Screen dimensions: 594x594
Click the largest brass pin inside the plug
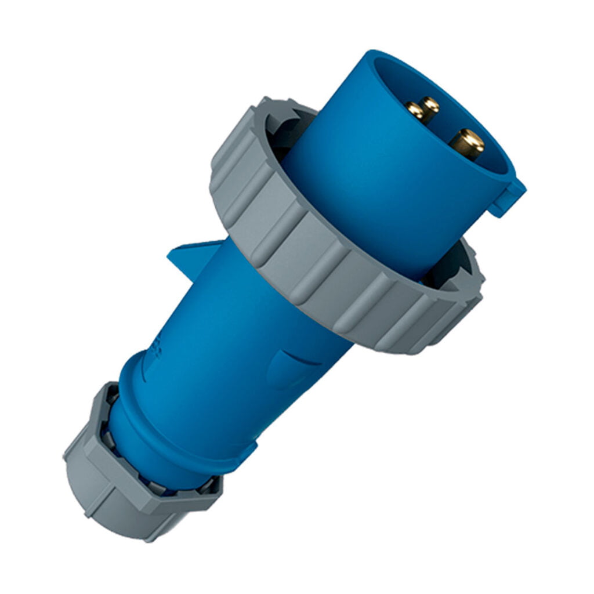[467, 142]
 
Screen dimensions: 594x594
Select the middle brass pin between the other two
[430, 105]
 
